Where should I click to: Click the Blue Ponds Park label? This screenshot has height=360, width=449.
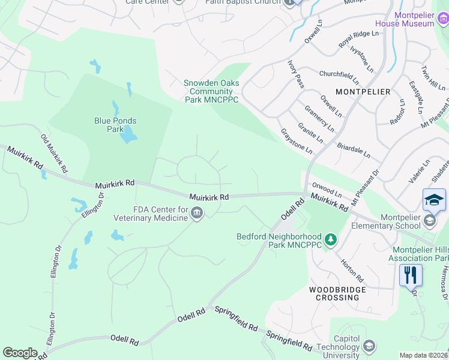(x=115, y=125)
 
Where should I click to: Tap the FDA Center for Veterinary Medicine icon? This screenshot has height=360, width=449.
(x=196, y=213)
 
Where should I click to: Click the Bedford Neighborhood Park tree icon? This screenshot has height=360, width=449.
(x=330, y=240)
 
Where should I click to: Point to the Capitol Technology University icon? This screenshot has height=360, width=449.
(x=369, y=346)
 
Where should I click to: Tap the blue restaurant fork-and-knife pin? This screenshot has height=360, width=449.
(x=411, y=275)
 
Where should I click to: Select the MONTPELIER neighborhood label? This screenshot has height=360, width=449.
(x=363, y=92)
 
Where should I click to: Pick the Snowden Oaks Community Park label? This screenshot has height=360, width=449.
(x=211, y=91)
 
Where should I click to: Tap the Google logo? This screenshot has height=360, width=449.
(x=19, y=353)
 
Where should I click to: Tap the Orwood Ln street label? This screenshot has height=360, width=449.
(x=327, y=191)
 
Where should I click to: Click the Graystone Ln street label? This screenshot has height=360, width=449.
(x=296, y=140)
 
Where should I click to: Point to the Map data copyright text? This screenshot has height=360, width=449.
(x=424, y=355)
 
